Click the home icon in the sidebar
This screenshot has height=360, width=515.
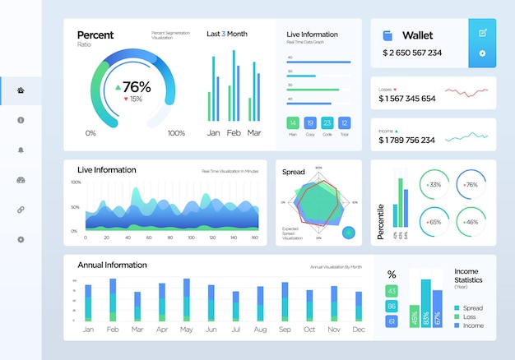click(21, 90)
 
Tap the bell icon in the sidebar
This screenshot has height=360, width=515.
click(21, 150)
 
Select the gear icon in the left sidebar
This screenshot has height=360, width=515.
click(21, 239)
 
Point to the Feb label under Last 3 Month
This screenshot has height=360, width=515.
click(234, 132)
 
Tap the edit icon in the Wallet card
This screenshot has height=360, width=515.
click(482, 32)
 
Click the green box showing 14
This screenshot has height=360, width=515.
click(292, 122)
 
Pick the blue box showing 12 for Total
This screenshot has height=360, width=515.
click(345, 122)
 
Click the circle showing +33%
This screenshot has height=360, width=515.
click(434, 185)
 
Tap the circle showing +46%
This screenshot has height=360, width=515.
click(470, 222)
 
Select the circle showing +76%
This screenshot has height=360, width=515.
click(470, 185)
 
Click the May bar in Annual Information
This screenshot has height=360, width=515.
click(186, 301)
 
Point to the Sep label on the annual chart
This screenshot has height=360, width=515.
click(285, 329)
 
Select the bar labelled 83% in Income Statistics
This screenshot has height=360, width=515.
click(425, 304)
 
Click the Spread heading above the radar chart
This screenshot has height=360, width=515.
click(294, 172)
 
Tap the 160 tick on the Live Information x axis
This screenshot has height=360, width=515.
click(254, 237)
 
